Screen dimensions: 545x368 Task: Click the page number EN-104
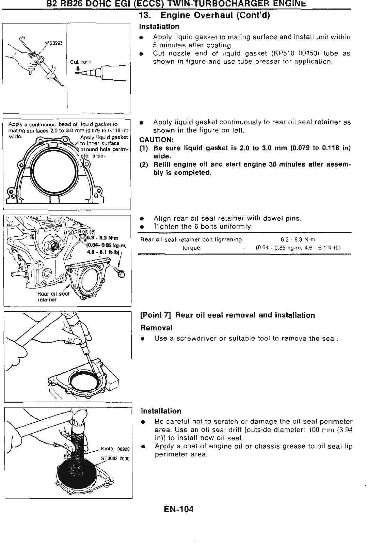(x=178, y=510)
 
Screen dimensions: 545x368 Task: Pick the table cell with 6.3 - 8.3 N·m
(x=298, y=240)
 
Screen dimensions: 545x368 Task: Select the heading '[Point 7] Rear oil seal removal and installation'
(x=228, y=315)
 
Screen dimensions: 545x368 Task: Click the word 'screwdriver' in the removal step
(x=197, y=339)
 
